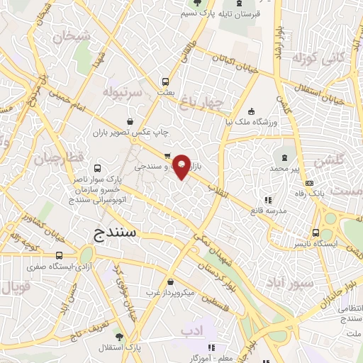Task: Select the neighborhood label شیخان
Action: pyautogui.click(x=71, y=34)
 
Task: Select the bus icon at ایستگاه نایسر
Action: pyautogui.click(x=315, y=233)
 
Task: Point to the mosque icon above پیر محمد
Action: pyautogui.click(x=286, y=157)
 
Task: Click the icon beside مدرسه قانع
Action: pyautogui.click(x=267, y=200)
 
